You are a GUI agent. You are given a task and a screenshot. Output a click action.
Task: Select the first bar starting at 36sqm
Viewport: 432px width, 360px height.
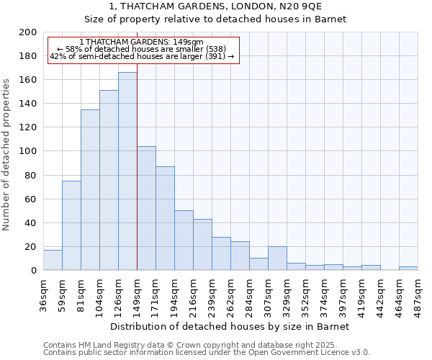coord(53,260)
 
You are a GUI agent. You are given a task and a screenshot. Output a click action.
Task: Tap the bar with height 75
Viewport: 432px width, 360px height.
coord(71,225)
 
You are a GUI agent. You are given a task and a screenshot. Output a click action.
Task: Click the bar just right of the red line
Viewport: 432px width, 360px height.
coord(146,208)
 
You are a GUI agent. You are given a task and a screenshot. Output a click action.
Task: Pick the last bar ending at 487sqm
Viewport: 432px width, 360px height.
coord(408,269)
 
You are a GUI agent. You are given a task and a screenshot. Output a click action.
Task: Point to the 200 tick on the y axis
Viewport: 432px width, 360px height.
coord(28,32)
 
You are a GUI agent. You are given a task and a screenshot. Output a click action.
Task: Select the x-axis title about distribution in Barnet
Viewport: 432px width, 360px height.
coord(230,326)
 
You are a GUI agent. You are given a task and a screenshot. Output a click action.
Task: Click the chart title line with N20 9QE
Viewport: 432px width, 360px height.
coord(216,6)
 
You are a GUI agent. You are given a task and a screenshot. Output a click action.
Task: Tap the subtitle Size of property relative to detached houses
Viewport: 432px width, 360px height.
coord(216,19)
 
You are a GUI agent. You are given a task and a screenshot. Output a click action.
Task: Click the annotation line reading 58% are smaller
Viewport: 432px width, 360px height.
coord(141,49)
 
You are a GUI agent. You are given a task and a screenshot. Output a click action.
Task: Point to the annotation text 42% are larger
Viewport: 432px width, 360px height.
coord(142,56)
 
